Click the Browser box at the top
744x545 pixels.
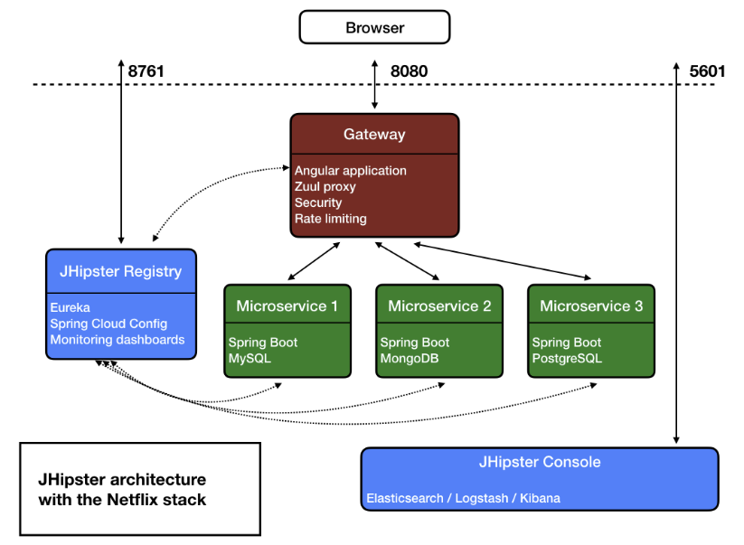374,27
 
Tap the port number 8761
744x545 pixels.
146,71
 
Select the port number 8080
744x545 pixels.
409,71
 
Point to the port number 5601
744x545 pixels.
707,71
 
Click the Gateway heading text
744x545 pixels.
374,135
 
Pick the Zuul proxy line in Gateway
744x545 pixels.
325,187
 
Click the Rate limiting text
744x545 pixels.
331,219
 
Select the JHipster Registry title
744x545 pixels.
120,271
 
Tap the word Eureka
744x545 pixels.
70,308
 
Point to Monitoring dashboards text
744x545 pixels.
118,340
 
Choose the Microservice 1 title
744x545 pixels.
287,306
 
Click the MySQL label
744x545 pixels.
250,359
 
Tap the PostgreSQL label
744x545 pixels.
567,359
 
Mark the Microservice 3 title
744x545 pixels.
591,306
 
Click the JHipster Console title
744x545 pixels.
540,463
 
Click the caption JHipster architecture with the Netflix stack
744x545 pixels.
122,489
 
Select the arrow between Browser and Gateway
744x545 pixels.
374,84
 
